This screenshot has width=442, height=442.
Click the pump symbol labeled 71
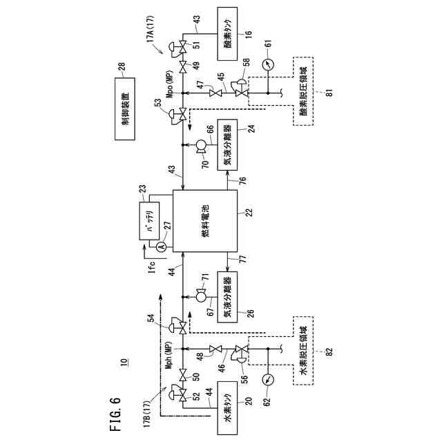pos(201,298)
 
